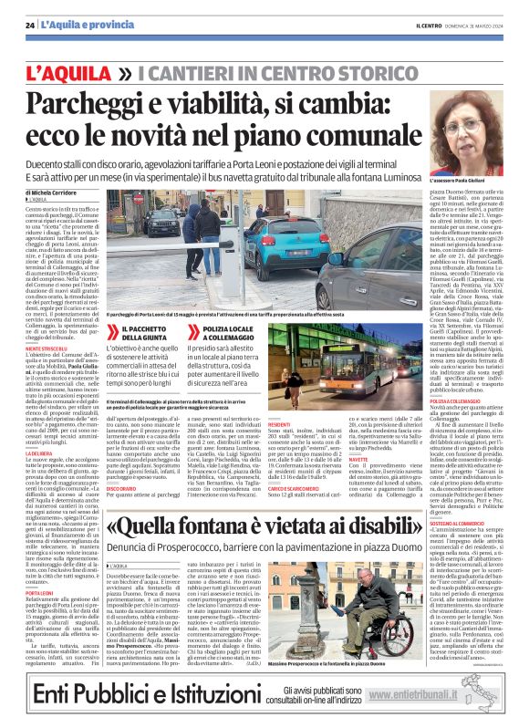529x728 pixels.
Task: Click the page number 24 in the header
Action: tap(30, 25)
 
